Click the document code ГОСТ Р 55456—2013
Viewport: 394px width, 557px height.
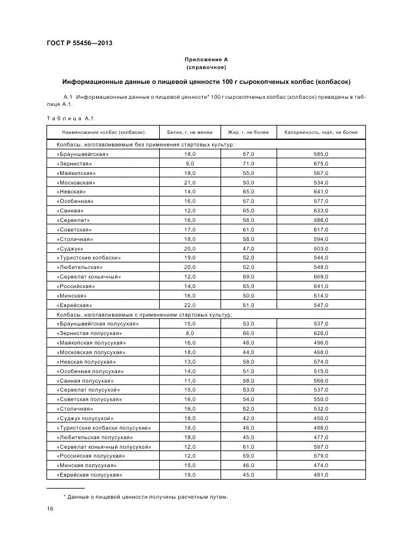[79, 43]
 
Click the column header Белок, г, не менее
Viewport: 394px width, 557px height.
[190, 132]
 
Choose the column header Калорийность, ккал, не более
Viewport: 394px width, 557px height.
[321, 132]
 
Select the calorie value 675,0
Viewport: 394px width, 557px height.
[321, 163]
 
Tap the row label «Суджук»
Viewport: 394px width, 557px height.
[70, 248]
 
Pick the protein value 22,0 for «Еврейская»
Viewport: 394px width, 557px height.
[190, 305]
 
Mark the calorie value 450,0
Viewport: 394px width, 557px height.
[321, 418]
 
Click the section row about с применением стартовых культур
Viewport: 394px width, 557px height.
[144, 314]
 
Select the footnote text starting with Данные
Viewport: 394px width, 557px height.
[146, 497]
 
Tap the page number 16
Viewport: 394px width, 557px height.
[51, 509]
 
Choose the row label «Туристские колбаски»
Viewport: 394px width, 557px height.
[89, 258]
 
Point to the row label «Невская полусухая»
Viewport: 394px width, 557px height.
[86, 361]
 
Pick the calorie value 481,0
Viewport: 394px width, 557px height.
[321, 475]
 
